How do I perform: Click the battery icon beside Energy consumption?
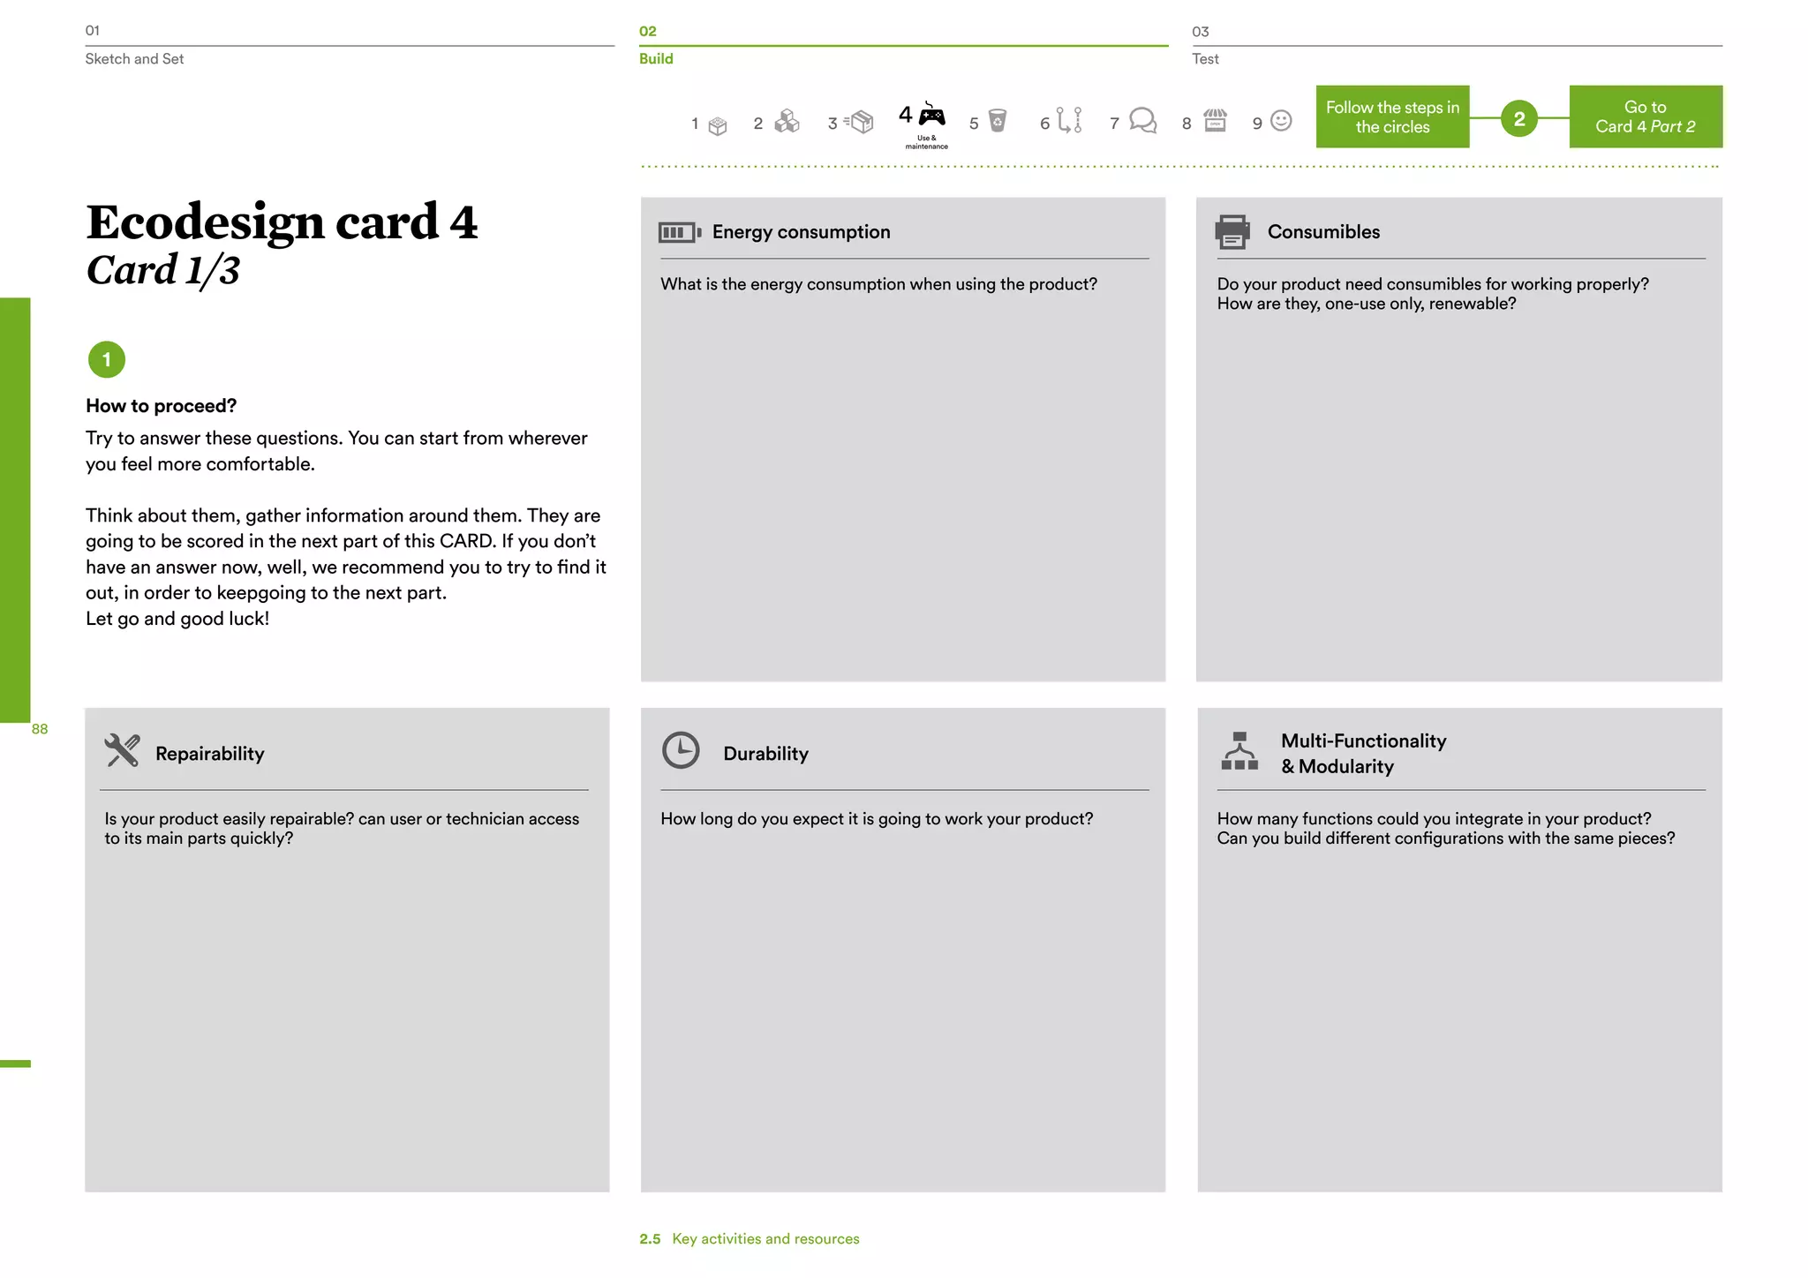680,232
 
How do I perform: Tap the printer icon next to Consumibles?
1232,231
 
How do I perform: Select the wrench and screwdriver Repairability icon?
122,751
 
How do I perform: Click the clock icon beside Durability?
681,750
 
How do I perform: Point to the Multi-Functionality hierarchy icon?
1239,751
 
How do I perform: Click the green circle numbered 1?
107,359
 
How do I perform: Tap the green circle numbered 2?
1519,118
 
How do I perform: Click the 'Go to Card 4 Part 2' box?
1646,117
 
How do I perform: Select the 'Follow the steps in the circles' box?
1392,117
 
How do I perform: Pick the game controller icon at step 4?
931,115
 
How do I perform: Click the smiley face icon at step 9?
1281,120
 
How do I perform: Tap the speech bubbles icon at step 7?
1142,120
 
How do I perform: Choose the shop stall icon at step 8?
1216,120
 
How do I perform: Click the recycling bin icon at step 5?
998,120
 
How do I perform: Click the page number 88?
40,729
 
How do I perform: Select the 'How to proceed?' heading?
162,406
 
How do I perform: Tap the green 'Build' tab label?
656,59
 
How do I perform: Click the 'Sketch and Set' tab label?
134,59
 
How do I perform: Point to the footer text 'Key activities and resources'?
765,1239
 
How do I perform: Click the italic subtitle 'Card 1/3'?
163,270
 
